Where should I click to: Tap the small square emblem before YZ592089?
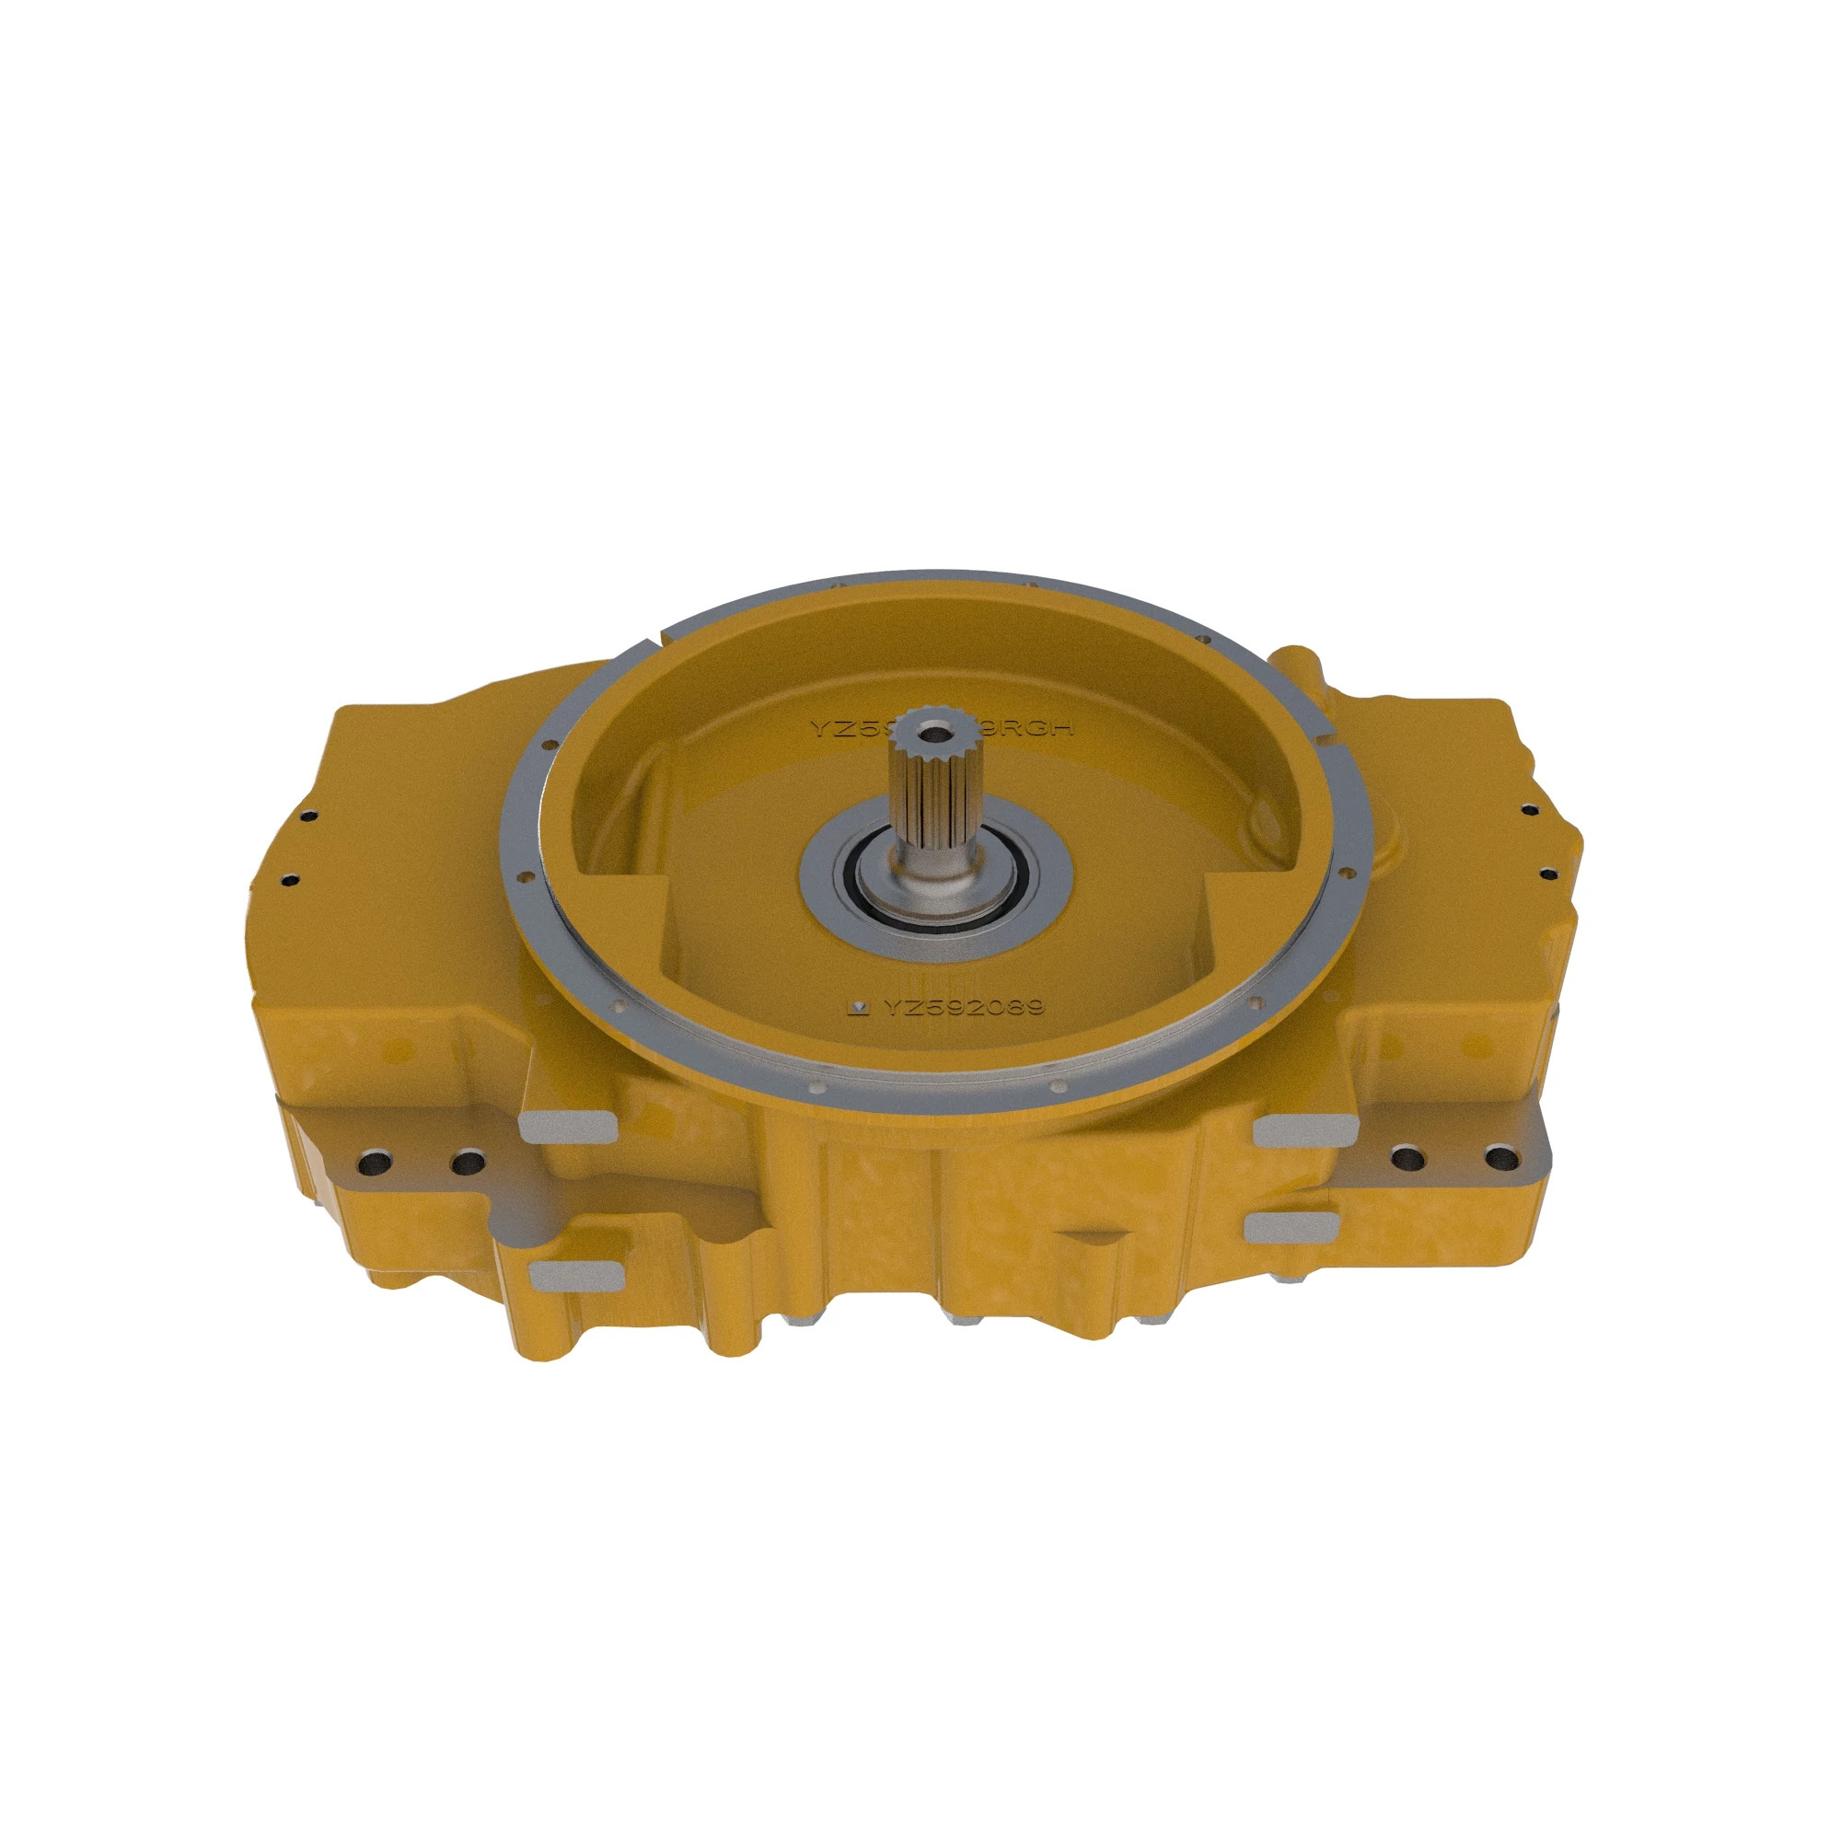[860, 1008]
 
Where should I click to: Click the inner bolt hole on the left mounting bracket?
[466, 1162]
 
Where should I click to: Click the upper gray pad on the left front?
[565, 1127]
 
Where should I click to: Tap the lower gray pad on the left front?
[573, 1274]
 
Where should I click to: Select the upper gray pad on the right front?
[1304, 1130]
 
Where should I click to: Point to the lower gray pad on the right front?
[1291, 1226]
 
